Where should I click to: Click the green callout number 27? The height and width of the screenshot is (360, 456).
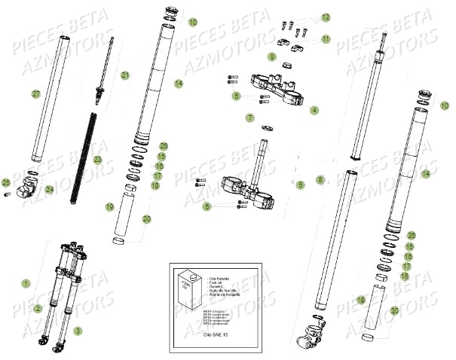tap(35, 94)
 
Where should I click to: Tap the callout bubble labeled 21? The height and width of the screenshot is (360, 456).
tap(126, 75)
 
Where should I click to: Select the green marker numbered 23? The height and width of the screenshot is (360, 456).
tap(97, 160)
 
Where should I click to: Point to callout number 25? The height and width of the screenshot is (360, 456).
tap(6, 183)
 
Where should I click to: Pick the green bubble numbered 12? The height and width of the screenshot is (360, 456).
tap(326, 17)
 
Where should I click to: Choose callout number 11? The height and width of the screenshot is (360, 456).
tap(326, 38)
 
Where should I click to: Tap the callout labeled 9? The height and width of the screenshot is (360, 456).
tap(272, 56)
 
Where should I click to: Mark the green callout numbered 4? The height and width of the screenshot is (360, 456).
tap(314, 110)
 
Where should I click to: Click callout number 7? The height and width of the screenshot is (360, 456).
tap(249, 118)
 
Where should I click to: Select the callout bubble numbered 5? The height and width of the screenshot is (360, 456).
tap(299, 184)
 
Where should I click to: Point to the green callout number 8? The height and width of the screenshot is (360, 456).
tap(320, 180)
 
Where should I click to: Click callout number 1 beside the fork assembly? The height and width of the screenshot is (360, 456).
tap(26, 284)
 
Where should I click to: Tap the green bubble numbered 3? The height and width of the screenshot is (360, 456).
tap(78, 331)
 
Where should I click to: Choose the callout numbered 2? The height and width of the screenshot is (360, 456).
tap(38, 308)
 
